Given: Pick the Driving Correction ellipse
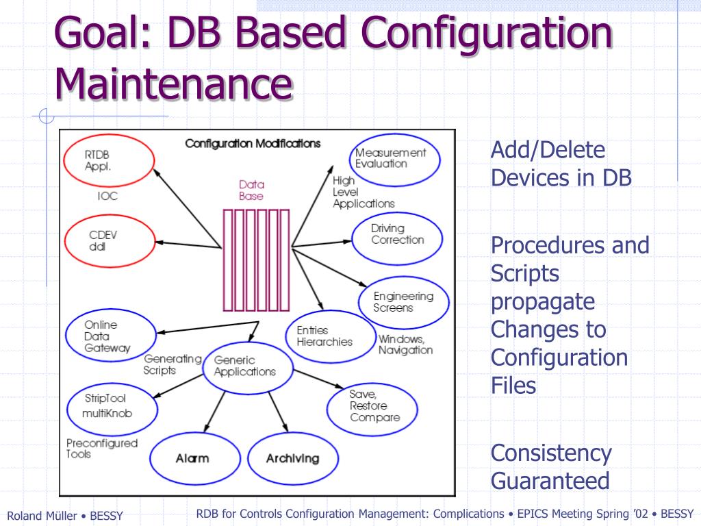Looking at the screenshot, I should point(398,234).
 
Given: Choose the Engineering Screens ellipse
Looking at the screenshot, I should point(404,302).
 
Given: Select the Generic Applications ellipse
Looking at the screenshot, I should point(244,366).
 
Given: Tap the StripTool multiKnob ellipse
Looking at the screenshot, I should point(107,405).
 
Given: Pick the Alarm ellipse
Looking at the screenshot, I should point(192,458).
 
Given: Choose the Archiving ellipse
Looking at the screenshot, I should point(293,458).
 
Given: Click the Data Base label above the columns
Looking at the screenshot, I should point(251,190).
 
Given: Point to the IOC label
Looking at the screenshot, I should point(107,196).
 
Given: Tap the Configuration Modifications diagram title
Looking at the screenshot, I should point(253,144).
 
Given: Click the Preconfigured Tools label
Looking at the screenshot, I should point(101,449).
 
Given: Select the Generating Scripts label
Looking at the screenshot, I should point(171,364).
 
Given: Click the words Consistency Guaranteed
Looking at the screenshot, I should point(551,466).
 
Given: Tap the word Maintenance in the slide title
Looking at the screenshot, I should point(174,83).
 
